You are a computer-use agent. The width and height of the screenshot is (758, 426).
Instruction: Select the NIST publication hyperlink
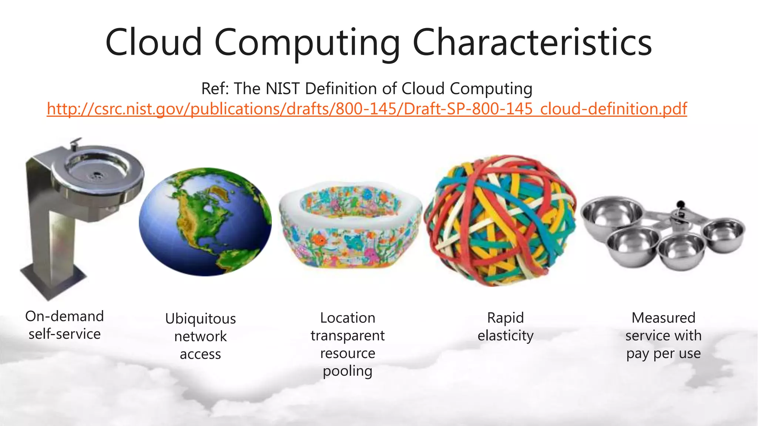point(367,109)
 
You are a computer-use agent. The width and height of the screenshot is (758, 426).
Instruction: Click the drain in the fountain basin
point(98,174)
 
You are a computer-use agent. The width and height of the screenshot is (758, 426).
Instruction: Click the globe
point(205,222)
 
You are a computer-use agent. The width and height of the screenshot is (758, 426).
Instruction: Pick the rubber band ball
point(500,221)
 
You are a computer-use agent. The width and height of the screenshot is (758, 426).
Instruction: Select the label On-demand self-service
point(64,325)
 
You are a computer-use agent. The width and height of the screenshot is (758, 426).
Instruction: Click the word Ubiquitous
point(200,319)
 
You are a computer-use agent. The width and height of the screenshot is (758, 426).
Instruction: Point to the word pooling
point(348,371)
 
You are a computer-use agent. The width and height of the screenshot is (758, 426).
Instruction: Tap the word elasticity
point(506,336)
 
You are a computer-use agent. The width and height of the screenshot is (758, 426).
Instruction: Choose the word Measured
point(663,318)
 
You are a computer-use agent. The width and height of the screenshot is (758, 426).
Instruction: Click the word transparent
point(348,336)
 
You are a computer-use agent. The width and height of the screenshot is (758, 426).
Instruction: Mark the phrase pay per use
point(663,354)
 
